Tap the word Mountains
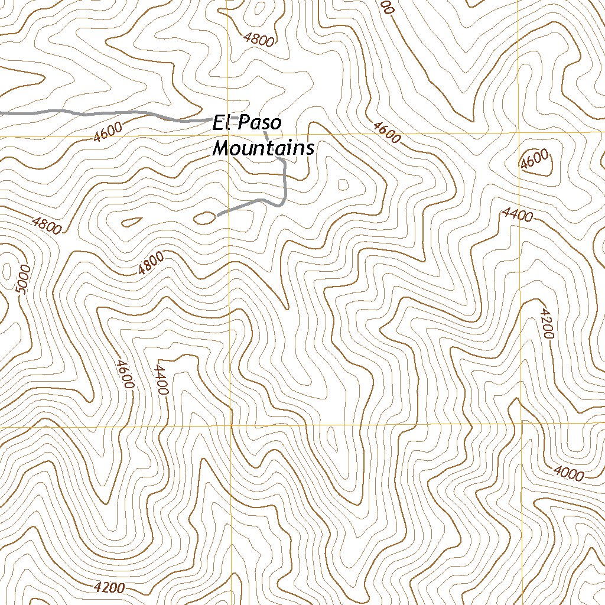(x=263, y=148)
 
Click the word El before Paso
(x=221, y=124)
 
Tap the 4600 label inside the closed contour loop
(x=535, y=160)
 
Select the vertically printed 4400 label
(x=161, y=379)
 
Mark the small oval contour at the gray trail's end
(x=204, y=218)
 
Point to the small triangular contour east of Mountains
(x=343, y=184)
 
